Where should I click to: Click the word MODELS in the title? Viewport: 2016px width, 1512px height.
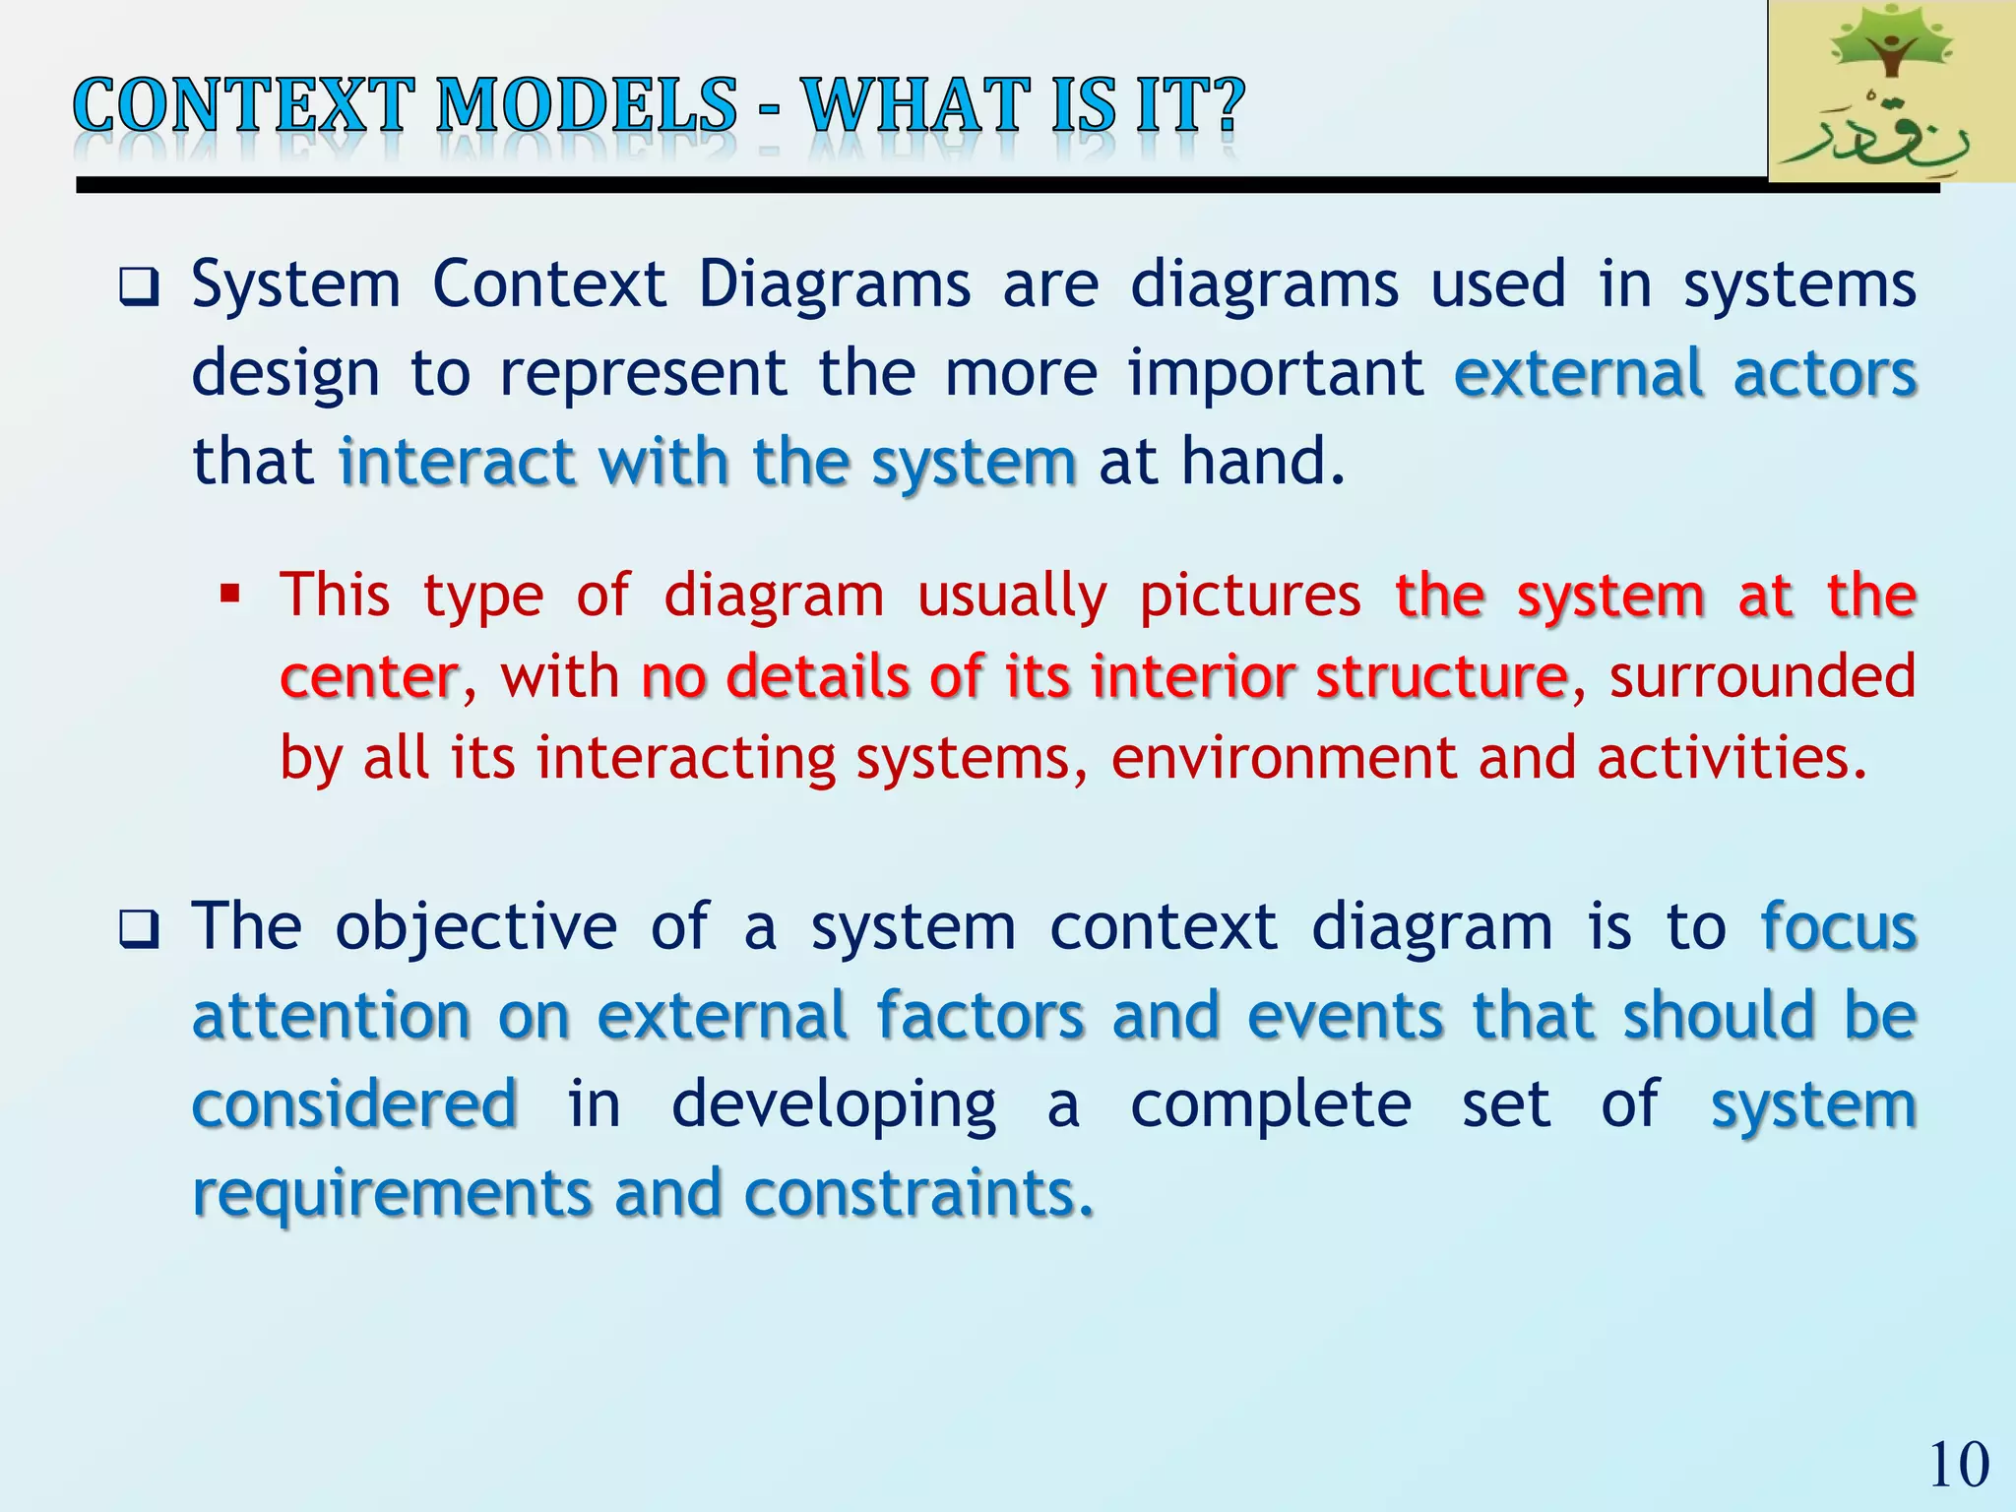click(586, 106)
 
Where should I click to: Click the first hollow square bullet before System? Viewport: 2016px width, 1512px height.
click(138, 287)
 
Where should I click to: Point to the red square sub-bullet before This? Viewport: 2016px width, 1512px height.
click(230, 594)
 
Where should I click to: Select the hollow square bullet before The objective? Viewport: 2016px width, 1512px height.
click(138, 929)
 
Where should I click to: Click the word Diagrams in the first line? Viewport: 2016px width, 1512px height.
click(834, 285)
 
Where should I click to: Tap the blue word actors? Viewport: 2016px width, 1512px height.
click(1824, 374)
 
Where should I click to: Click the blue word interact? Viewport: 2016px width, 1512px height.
click(457, 463)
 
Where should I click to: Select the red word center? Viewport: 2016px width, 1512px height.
click(369, 678)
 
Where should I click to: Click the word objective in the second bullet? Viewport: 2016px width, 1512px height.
click(475, 928)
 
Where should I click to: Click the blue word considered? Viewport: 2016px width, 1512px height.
click(354, 1104)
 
